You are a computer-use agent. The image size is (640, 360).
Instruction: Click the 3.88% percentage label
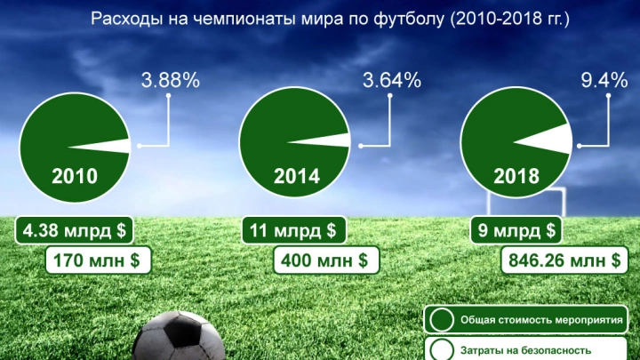click(170, 81)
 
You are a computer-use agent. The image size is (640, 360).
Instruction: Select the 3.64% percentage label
click(391, 81)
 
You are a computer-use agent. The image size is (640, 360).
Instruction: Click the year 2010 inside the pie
click(75, 176)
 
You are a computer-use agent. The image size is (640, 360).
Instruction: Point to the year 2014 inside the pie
click(296, 176)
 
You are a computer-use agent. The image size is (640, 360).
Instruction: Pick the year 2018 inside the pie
click(516, 176)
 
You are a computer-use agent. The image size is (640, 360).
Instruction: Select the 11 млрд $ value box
click(292, 231)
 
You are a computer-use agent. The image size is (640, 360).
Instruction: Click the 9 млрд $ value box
click(516, 231)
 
